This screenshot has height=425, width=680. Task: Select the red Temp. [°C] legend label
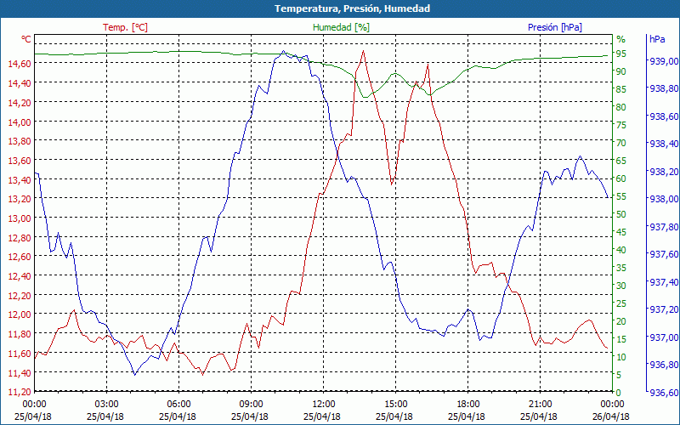(125, 27)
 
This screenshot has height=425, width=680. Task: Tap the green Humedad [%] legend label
(341, 27)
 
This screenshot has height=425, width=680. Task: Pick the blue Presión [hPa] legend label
(554, 27)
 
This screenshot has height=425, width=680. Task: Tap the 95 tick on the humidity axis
(621, 54)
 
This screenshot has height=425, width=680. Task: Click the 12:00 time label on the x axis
(324, 404)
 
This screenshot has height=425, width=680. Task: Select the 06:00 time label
(179, 404)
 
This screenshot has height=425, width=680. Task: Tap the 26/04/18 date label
(612, 416)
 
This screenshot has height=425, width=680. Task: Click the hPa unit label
(656, 39)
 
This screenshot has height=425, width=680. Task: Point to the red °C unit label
(26, 39)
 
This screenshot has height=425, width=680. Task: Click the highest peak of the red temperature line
(364, 50)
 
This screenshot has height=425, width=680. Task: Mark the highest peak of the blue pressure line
(283, 51)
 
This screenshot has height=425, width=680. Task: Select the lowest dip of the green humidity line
(365, 97)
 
